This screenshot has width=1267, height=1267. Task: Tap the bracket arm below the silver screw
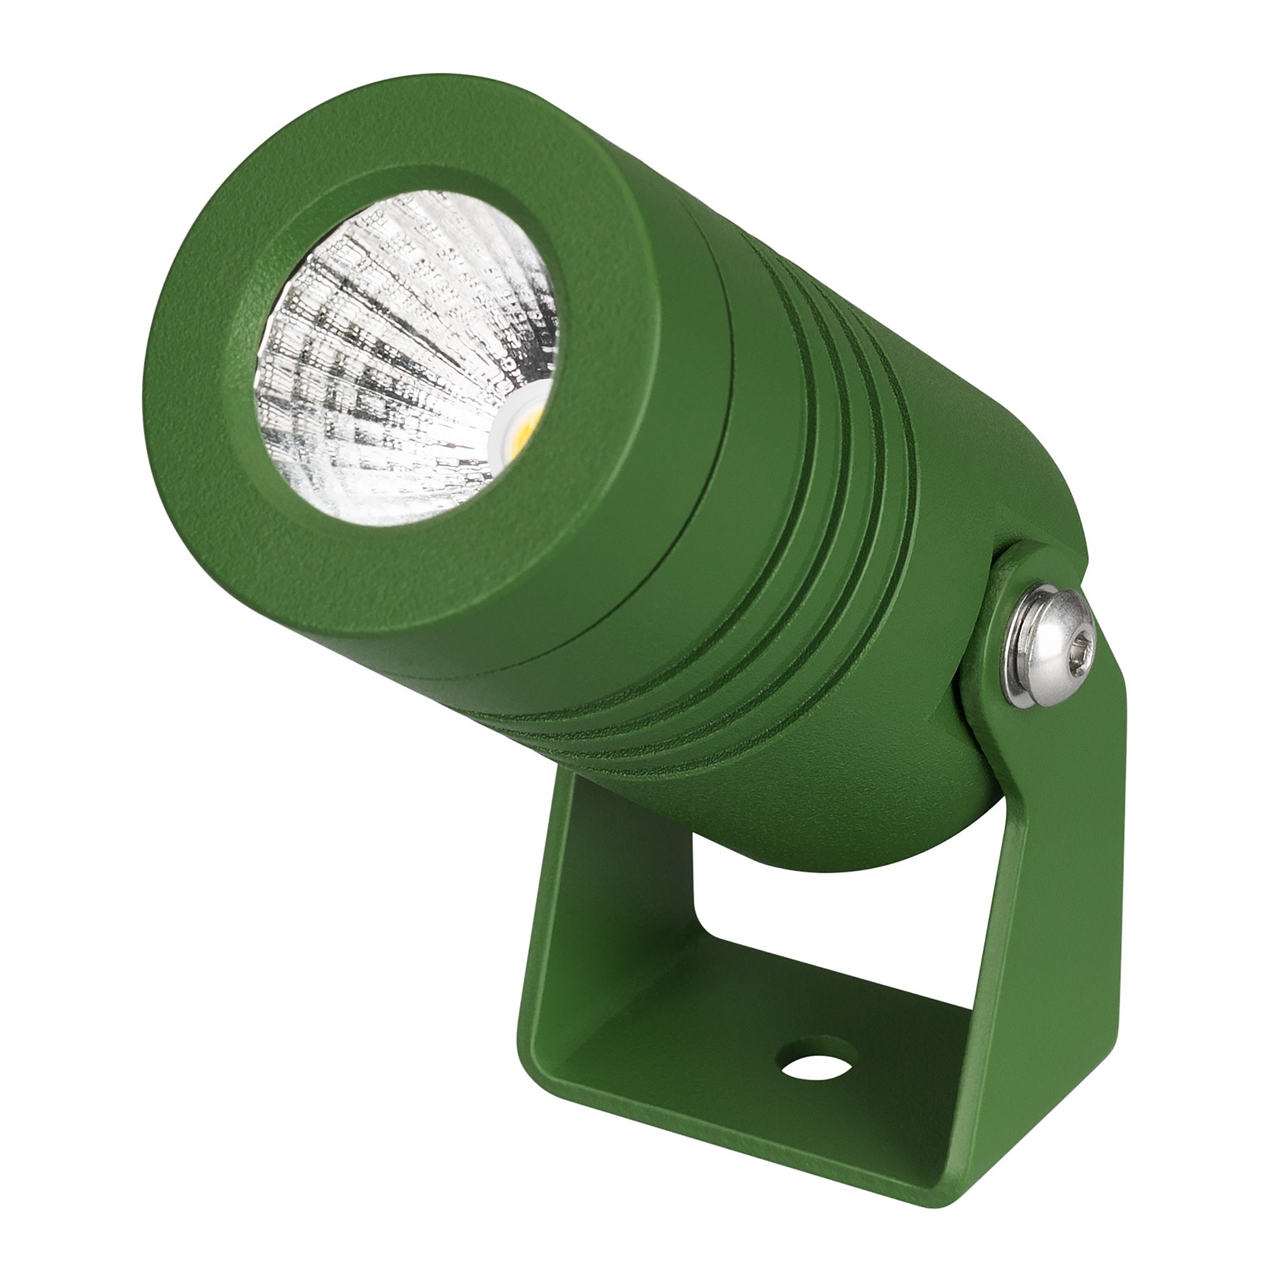coord(1056,918)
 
